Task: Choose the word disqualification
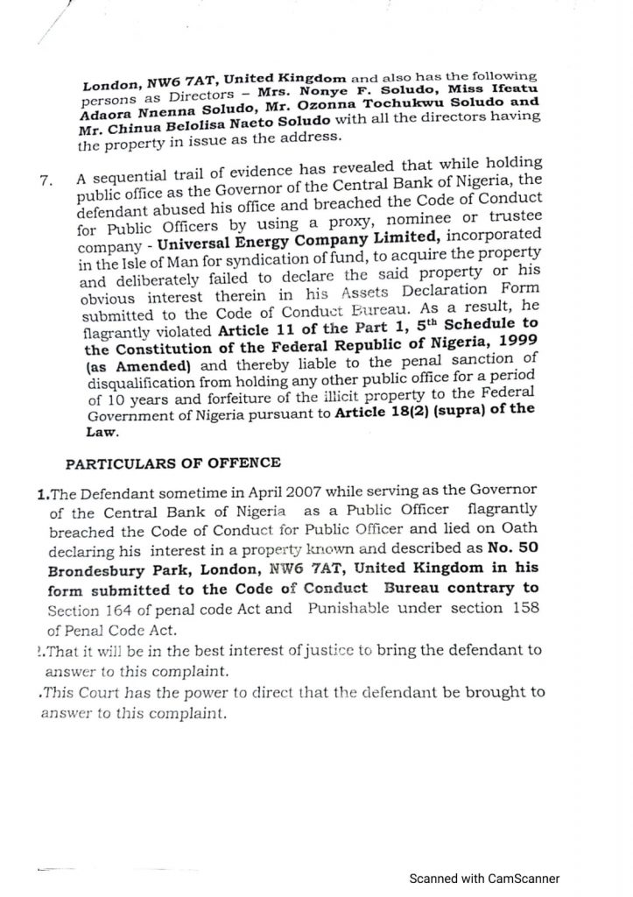tap(134, 386)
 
